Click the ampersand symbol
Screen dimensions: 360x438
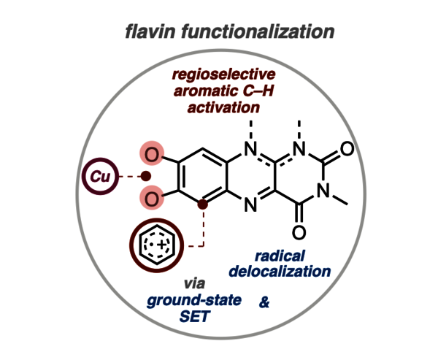264,301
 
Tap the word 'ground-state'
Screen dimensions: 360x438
192,300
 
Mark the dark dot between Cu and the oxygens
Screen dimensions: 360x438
146,176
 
